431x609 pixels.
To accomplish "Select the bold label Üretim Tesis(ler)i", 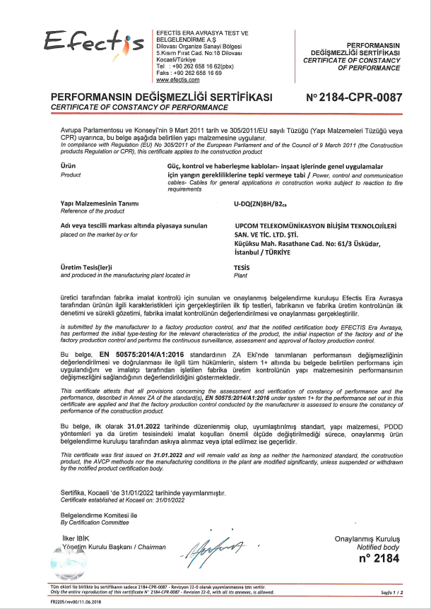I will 87,269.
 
